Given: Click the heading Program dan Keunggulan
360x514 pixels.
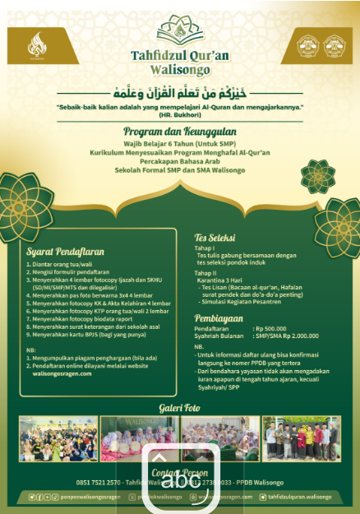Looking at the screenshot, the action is coord(180,131).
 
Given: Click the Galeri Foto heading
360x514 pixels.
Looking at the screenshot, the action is coord(180,408).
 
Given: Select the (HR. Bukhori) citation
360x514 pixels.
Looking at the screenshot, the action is coord(180,115).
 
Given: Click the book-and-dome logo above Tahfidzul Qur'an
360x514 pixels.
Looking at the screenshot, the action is coord(180,30).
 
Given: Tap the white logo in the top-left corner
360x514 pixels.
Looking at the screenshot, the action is coord(38,45).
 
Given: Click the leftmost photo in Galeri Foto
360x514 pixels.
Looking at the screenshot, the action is coord(58,438).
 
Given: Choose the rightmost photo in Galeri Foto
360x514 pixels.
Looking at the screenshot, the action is coord(302,438).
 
